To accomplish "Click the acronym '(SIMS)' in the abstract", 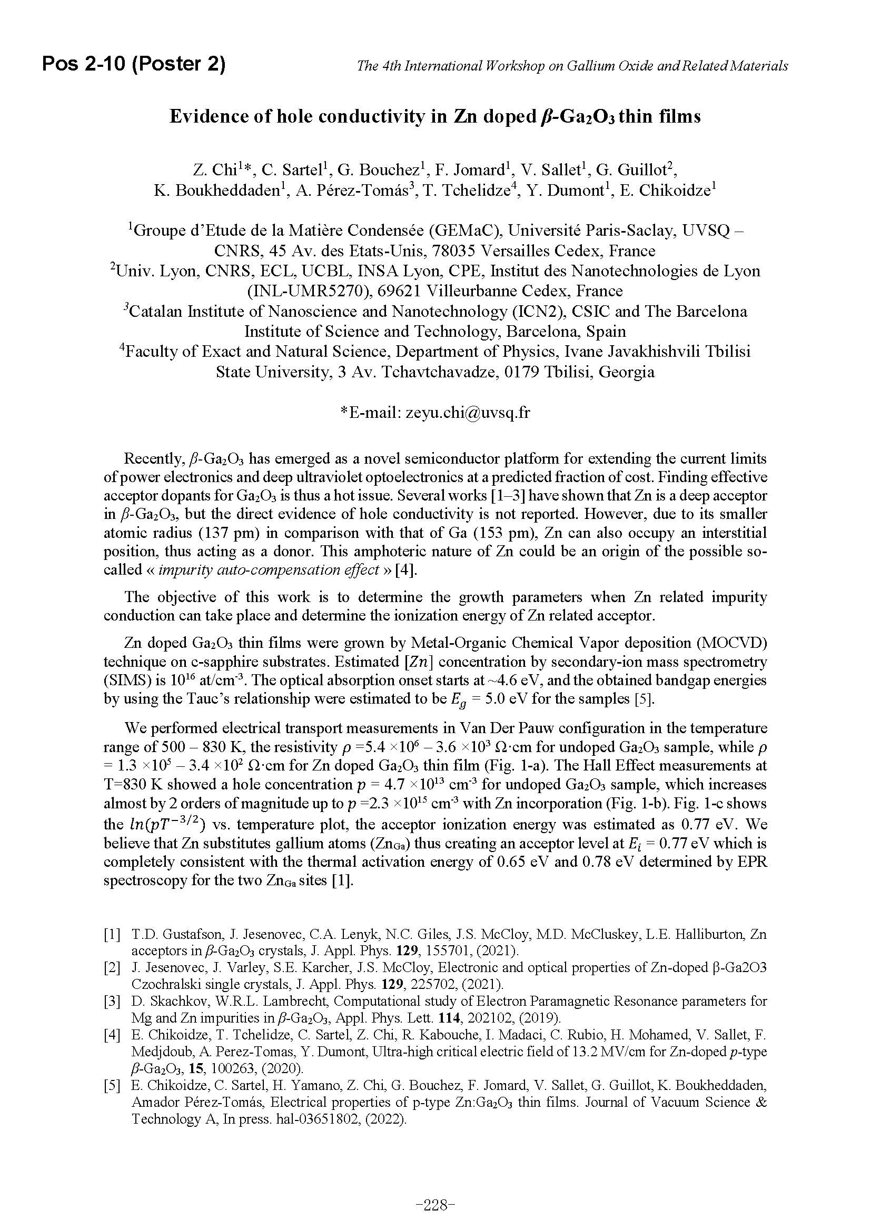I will coord(125,680).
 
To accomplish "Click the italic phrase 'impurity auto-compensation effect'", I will coord(269,569).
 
